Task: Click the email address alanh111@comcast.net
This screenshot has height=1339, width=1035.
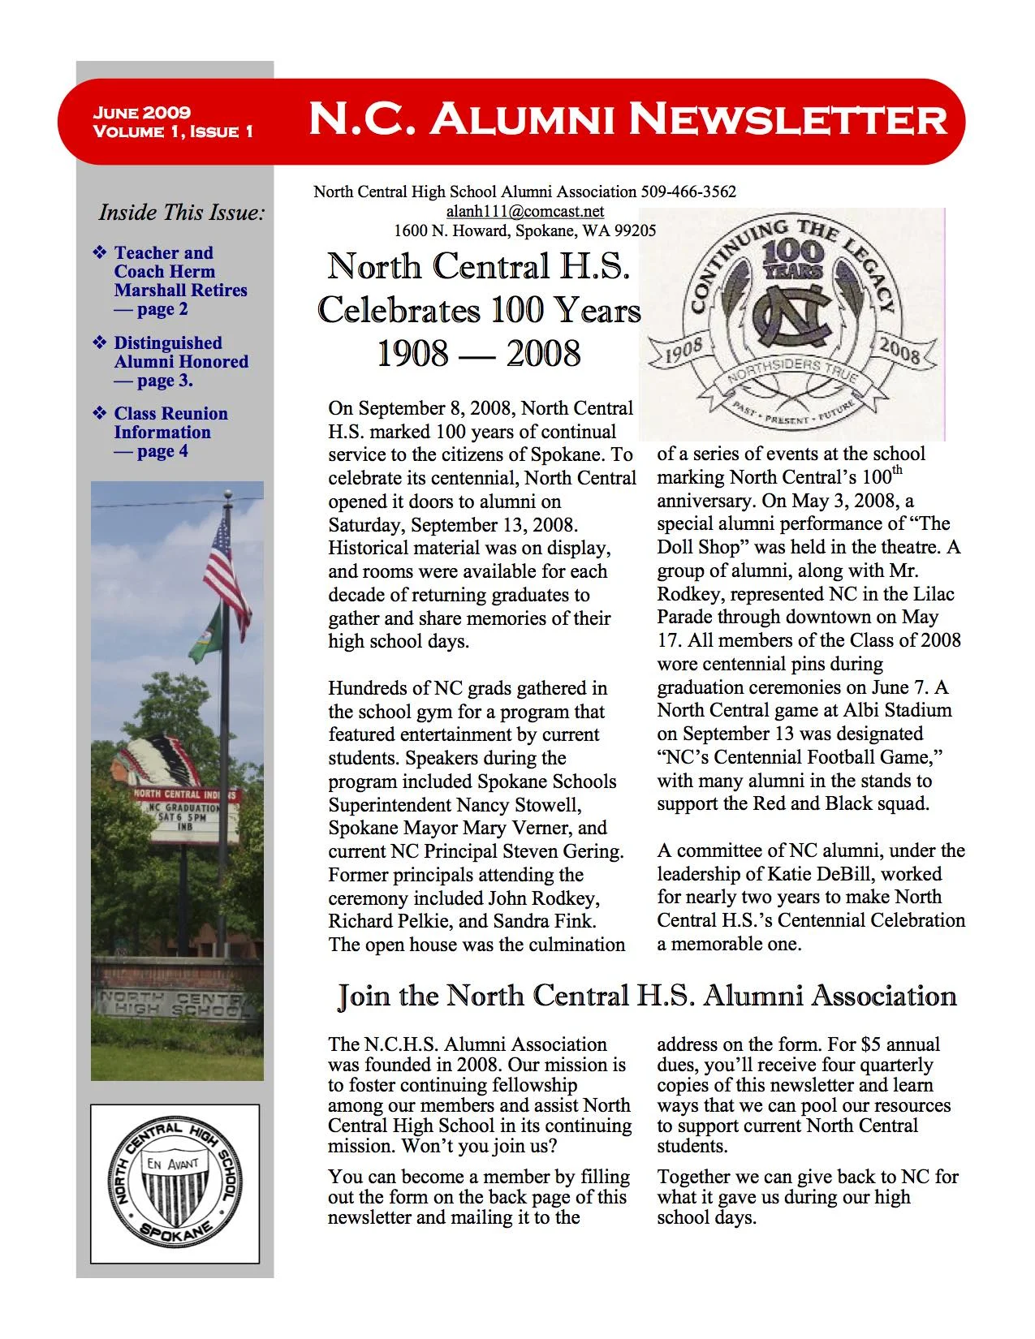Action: [525, 211]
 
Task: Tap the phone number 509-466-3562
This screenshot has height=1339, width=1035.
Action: [688, 192]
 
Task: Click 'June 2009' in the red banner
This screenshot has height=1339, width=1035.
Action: [142, 113]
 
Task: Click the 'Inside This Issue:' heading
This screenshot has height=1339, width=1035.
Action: [182, 213]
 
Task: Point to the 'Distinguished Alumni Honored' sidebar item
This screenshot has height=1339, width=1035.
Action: [180, 361]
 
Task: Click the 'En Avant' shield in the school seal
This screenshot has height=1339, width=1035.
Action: [175, 1188]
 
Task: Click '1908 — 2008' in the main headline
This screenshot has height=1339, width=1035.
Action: [479, 354]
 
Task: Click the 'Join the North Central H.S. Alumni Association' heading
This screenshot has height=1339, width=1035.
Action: [647, 996]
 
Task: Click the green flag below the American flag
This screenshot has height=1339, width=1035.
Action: [206, 635]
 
